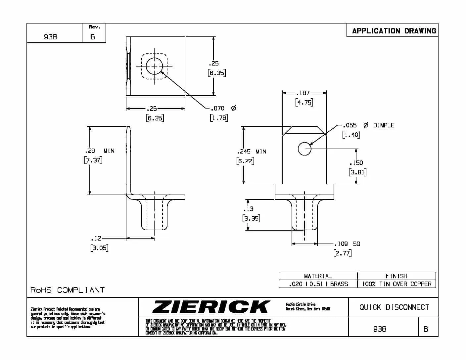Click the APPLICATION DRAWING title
(x=394, y=31)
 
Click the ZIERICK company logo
(x=211, y=307)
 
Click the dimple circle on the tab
(x=304, y=149)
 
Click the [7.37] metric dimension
(x=93, y=160)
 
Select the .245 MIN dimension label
(x=252, y=152)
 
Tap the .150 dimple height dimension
(x=356, y=163)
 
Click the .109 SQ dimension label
(x=347, y=244)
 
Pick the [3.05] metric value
(x=99, y=248)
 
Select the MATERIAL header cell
(x=318, y=276)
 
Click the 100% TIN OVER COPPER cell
(x=396, y=284)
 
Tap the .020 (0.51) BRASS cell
(x=318, y=284)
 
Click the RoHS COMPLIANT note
(x=68, y=290)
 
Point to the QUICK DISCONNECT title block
(x=394, y=307)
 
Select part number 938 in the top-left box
(x=50, y=37)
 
